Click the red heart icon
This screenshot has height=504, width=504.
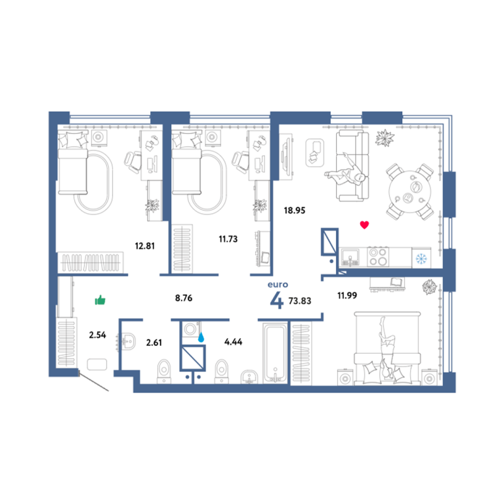pos(364,224)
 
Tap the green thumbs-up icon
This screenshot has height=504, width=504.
pos(100,300)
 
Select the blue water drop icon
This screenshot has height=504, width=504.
pos(201,337)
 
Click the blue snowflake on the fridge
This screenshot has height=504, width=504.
pos(421,258)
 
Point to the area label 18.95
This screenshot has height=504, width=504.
pos(295,211)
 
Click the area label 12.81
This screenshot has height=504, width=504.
pos(144,246)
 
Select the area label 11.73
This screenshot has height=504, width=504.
pos(228,239)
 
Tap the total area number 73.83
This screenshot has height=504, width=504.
pos(300,301)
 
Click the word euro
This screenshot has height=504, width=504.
pos(278,284)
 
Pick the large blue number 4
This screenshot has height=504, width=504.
pos(276,301)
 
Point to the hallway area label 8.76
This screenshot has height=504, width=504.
pos(184,298)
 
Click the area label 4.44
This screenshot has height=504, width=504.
pos(234,342)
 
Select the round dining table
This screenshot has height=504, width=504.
pos(409,192)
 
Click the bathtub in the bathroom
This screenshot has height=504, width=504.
pos(275,353)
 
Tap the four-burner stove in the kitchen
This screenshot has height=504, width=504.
pos(378,257)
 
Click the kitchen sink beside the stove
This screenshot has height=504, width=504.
pos(350,257)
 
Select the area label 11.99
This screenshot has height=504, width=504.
pos(347,295)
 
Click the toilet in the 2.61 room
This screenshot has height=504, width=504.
pos(164,371)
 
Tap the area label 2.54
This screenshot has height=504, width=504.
pos(97,335)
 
